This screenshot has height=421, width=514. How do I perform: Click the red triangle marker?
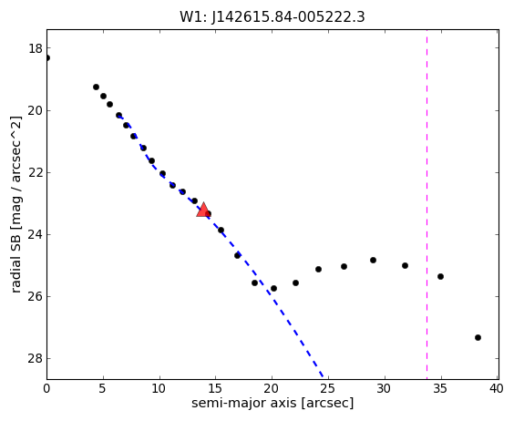click(x=203, y=210)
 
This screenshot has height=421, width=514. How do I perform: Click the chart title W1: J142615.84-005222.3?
click(x=272, y=17)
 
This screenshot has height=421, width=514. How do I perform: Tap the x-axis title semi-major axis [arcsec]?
click(x=272, y=403)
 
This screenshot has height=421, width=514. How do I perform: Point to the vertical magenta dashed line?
click(x=427, y=204)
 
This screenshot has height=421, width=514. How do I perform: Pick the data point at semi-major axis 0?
click(x=46, y=58)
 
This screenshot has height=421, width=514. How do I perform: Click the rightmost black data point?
click(x=478, y=337)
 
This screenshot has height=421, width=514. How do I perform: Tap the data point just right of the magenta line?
click(x=440, y=276)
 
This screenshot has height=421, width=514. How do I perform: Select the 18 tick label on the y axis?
click(x=36, y=48)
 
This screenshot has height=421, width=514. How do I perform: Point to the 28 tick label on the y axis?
click(x=36, y=358)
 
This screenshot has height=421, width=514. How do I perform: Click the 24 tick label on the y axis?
click(x=36, y=234)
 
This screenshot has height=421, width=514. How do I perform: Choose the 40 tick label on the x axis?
click(x=497, y=389)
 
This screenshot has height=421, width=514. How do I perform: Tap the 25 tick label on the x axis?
click(x=328, y=389)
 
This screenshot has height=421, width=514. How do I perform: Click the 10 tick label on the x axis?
click(x=159, y=389)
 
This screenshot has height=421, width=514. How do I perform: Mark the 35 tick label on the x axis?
click(x=440, y=389)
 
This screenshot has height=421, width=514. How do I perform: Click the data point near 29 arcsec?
click(x=373, y=260)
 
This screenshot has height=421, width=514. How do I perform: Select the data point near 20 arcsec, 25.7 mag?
click(x=273, y=289)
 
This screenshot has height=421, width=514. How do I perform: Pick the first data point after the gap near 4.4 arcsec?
click(x=96, y=87)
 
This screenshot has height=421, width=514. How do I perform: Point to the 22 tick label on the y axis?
click(x=36, y=172)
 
